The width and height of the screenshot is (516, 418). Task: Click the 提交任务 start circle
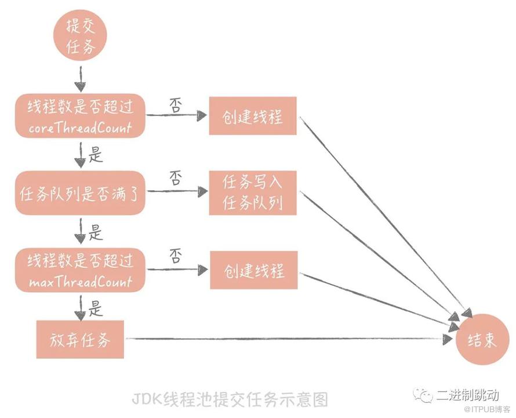80,35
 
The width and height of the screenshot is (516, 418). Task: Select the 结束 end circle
482,339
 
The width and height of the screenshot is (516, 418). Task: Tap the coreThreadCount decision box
80,116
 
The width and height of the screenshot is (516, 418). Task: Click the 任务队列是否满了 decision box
80,193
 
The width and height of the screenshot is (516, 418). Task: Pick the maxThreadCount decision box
80,270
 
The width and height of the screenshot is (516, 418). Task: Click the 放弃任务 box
80,339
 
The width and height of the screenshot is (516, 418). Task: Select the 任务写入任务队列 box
253,193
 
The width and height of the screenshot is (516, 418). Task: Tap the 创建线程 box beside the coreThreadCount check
253,116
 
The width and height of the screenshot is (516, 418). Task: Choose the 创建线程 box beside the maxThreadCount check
254,270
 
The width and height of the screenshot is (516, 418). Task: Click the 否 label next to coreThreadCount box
176,106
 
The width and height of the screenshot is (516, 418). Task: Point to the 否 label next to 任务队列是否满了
176,178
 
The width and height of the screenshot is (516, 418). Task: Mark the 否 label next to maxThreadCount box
176,256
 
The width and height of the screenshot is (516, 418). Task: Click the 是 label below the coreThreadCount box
96,154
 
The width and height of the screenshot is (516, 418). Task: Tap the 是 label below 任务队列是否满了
96,232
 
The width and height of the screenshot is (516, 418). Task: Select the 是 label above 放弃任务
96,308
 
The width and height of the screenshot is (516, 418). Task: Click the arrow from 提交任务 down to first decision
80,79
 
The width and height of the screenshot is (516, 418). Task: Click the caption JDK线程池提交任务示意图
230,399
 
